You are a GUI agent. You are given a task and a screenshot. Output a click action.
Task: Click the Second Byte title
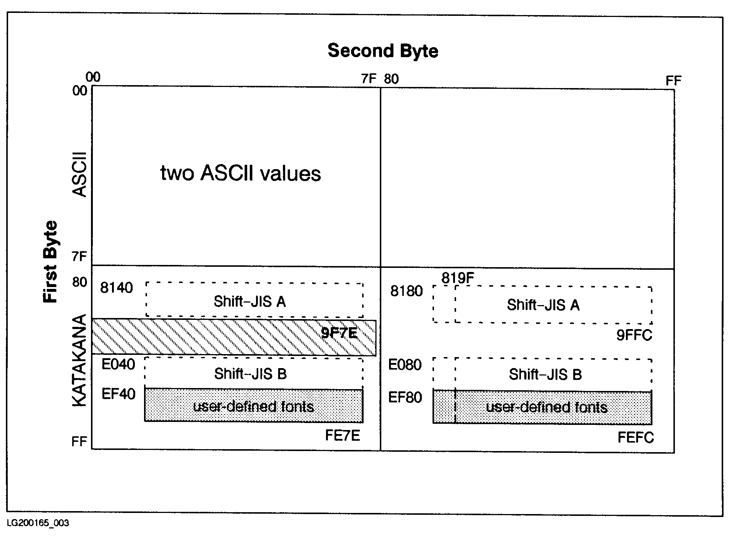click(x=383, y=51)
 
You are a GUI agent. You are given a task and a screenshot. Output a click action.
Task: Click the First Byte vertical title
click(x=51, y=262)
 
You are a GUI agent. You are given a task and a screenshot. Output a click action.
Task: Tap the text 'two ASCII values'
click(x=241, y=173)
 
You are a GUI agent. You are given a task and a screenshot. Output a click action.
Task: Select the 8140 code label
click(x=116, y=288)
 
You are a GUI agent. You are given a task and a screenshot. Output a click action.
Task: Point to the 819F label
click(x=458, y=278)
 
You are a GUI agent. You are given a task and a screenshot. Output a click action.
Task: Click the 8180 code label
click(x=406, y=291)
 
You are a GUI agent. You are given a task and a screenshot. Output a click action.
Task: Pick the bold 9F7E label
click(x=339, y=333)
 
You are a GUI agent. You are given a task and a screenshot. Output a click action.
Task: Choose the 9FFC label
click(x=634, y=335)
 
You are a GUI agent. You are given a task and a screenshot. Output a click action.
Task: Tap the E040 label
click(x=118, y=364)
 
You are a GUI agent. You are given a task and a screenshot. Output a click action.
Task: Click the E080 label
click(x=405, y=365)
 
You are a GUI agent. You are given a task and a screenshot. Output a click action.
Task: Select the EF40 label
click(x=118, y=394)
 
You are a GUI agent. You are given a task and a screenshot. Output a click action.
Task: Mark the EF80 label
click(x=405, y=398)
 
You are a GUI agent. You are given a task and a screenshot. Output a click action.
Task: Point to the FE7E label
click(x=342, y=436)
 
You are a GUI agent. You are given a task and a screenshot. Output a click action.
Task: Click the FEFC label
click(x=635, y=438)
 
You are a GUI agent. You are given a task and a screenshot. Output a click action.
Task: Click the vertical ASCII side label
click(x=79, y=175)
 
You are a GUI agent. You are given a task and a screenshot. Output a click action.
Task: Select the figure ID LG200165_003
click(x=38, y=523)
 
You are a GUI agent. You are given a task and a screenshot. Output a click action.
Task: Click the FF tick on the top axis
click(x=673, y=81)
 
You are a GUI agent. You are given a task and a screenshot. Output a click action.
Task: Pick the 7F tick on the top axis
click(x=369, y=79)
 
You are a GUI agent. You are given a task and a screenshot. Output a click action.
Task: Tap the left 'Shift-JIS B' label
click(x=251, y=374)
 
